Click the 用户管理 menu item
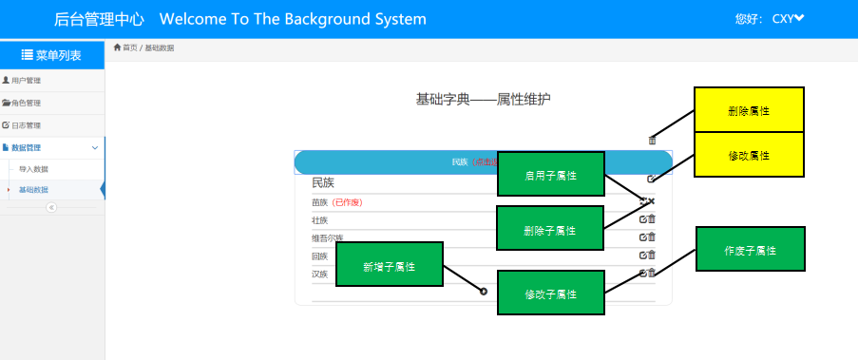click(27, 81)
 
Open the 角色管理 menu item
click(27, 103)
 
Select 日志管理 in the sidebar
click(27, 125)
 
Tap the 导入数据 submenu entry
click(33, 169)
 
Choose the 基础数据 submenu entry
click(33, 190)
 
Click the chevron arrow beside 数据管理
click(94, 148)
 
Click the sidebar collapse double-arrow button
click(51, 207)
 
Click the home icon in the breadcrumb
click(117, 47)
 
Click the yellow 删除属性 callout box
click(749, 110)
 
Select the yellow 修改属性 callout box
click(749, 155)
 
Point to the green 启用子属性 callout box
click(551, 175)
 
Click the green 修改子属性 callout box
click(551, 294)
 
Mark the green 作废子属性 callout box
click(751, 250)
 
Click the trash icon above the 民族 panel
click(652, 141)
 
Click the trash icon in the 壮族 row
click(652, 219)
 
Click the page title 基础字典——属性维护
click(483, 99)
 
